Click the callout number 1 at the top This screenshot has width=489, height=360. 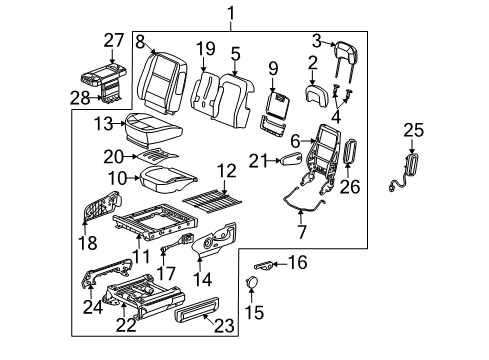click(232, 13)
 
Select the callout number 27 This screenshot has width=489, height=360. click(113, 40)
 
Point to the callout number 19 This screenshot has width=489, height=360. click(205, 47)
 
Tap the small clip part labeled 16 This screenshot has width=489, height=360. click(266, 265)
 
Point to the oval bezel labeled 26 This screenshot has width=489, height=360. click(351, 154)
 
